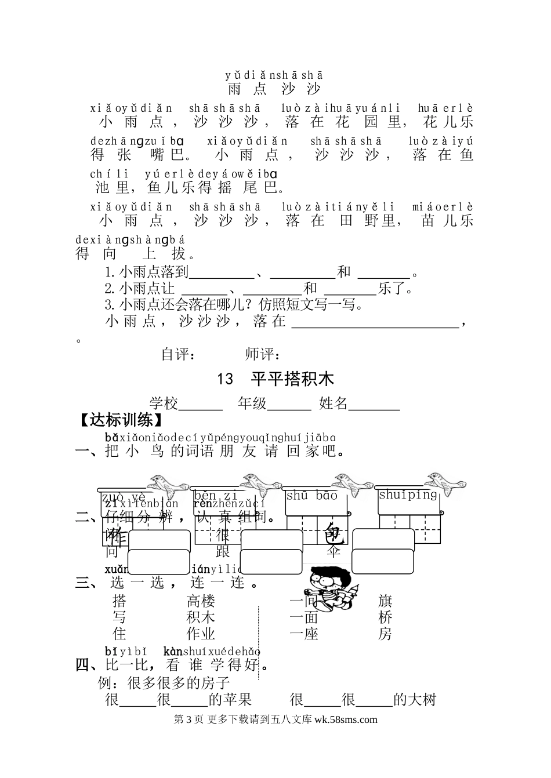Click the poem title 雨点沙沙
[274, 89]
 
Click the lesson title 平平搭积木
[293, 380]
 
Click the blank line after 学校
[201, 406]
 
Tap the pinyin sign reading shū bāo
[311, 496]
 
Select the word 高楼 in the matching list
[201, 601]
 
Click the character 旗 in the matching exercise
[385, 601]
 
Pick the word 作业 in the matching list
[201, 634]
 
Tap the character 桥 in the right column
[385, 617]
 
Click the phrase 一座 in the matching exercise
[304, 634]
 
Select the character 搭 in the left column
[119, 601]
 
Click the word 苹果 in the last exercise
[238, 700]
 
